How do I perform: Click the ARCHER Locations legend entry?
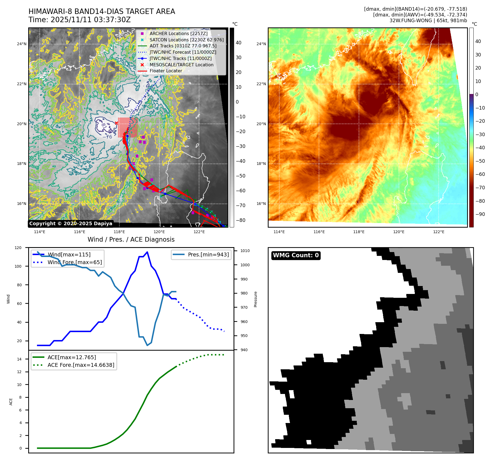178,33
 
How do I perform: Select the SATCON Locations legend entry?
186,40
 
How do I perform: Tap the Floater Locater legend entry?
166,71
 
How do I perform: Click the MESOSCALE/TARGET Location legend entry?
181,65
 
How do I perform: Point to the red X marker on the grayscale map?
116,123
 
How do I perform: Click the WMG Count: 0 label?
296,255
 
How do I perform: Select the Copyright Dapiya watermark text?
71,224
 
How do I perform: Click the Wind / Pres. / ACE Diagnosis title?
131,239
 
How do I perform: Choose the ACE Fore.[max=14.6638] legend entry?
81,365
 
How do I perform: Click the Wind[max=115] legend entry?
69,255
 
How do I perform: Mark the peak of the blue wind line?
147,252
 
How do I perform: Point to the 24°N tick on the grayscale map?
22,44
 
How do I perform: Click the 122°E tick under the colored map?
439,232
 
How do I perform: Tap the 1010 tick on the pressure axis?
245,251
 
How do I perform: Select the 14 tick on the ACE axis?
19,359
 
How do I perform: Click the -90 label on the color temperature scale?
480,214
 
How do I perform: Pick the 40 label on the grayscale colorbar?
238,43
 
